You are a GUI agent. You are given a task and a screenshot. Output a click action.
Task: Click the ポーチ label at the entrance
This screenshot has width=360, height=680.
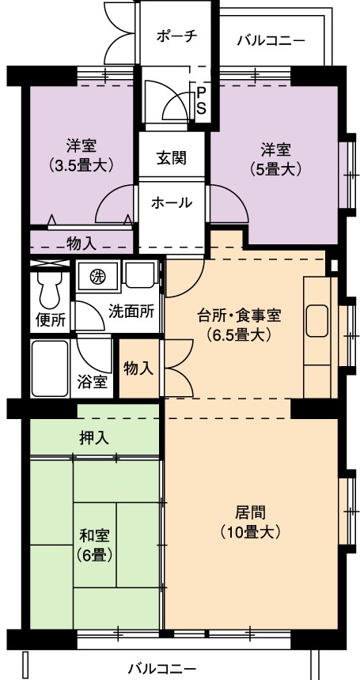[176, 36]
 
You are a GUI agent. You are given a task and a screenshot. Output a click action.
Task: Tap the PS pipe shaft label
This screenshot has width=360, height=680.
[201, 100]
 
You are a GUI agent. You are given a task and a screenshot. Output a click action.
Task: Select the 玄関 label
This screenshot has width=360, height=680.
[172, 158]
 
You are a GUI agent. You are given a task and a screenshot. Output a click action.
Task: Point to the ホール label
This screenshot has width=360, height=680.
[172, 202]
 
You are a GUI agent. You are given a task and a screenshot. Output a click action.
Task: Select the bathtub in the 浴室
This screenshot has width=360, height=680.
[51, 368]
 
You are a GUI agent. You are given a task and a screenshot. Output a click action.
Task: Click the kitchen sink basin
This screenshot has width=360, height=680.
[317, 320]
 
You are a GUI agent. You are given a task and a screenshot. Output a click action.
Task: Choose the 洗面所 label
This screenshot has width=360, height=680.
[131, 312]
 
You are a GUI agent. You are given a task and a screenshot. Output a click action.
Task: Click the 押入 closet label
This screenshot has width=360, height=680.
[94, 438]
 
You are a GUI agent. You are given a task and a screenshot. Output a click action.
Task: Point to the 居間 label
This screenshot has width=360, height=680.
[250, 513]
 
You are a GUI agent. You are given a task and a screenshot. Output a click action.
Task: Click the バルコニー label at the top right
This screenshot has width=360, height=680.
[271, 41]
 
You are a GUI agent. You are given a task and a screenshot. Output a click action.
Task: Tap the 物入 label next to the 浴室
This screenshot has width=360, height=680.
[138, 368]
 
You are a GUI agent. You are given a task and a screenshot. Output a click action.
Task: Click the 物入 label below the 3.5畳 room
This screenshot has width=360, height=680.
[82, 244]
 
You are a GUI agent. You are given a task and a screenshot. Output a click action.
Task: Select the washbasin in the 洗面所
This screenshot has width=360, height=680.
[140, 275]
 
